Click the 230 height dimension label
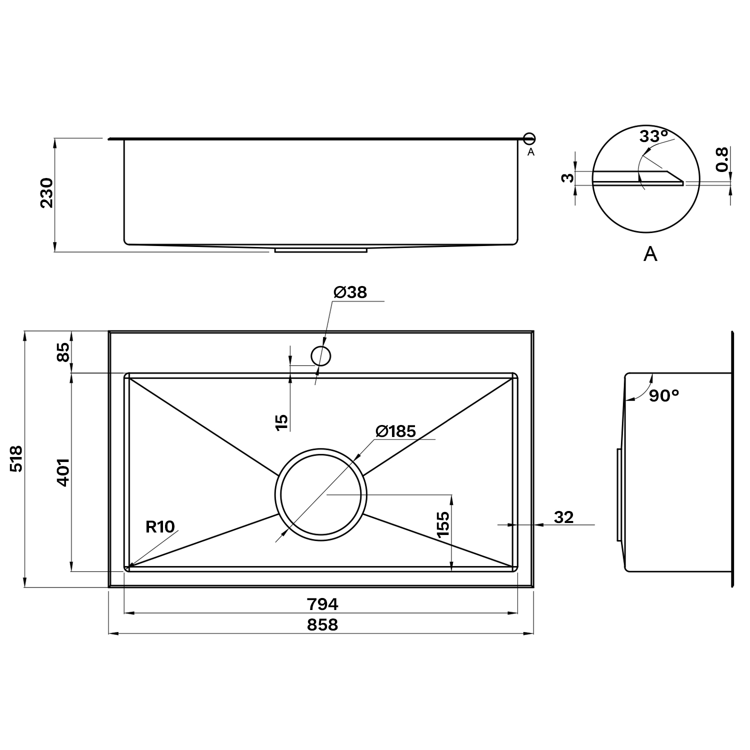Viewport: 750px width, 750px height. tap(46, 193)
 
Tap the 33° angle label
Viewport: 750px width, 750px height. tap(654, 135)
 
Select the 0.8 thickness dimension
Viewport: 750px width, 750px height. tap(721, 159)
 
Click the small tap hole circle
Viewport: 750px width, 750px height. tap(321, 356)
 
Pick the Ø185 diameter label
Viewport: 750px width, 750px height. tap(395, 431)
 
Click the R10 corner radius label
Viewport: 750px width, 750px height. tap(160, 526)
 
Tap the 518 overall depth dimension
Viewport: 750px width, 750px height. tap(16, 458)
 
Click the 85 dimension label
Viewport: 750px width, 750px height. tap(63, 352)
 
